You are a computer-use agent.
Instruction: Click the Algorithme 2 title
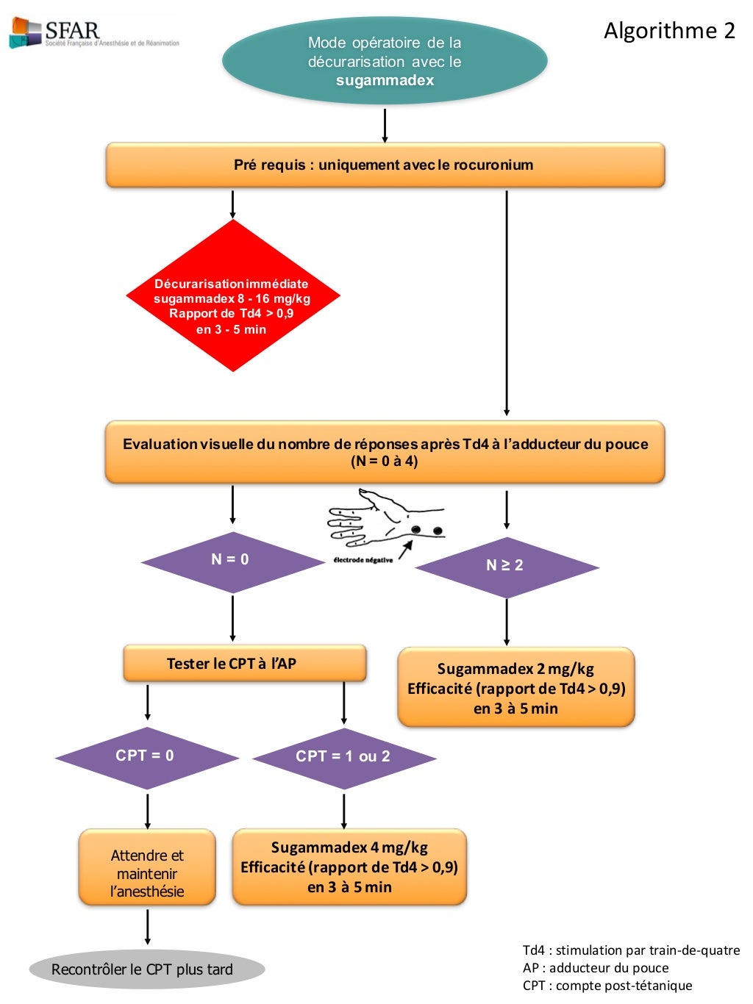click(669, 30)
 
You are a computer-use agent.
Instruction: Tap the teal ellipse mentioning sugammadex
click(385, 62)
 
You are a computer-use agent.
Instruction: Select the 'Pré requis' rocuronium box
click(385, 165)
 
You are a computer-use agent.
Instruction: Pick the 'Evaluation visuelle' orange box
click(385, 452)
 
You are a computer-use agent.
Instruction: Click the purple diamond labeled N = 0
click(231, 562)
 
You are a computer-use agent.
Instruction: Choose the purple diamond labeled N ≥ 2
click(506, 566)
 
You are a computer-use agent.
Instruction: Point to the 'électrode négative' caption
click(363, 560)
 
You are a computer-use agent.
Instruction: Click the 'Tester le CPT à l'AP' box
click(244, 664)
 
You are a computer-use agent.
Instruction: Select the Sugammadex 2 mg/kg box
click(515, 688)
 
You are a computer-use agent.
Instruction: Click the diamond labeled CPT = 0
click(146, 757)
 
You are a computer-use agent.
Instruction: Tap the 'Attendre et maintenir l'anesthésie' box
click(147, 873)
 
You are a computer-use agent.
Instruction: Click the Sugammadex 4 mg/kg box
click(349, 867)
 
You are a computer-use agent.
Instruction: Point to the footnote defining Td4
click(631, 950)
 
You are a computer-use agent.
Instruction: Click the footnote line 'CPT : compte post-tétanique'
click(607, 986)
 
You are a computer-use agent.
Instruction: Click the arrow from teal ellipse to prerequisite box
click(385, 125)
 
